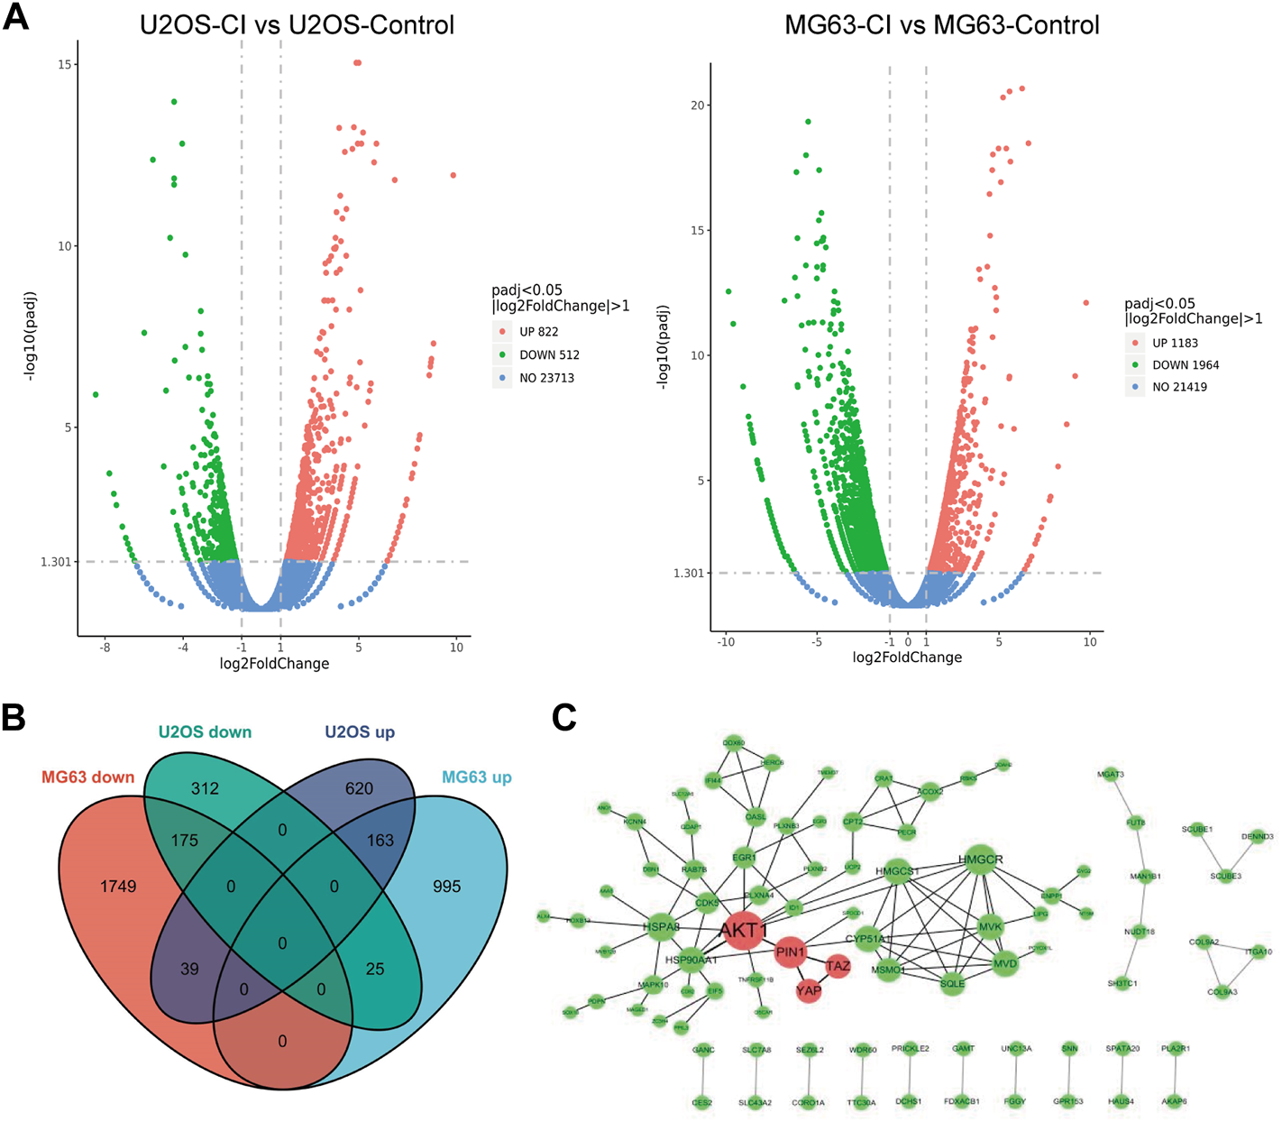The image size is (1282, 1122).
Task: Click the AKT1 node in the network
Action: coord(744,930)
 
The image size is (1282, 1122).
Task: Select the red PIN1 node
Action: coord(790,952)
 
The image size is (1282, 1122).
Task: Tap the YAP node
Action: coord(809,990)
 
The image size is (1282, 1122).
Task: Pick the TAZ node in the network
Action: coord(838,966)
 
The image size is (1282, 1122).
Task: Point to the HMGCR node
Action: coord(980,860)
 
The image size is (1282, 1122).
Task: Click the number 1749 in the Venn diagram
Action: coord(118,887)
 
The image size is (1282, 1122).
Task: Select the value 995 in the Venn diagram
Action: coord(446,887)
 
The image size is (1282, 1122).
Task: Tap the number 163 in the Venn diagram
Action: coord(380,841)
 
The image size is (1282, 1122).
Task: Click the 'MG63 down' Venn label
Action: coord(87,777)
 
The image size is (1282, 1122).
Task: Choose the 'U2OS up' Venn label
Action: coord(360,732)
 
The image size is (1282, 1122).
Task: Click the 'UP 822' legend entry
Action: coord(538,332)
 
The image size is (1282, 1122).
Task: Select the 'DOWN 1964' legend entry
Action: coord(1185,365)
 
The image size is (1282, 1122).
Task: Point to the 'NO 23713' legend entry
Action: coord(546,378)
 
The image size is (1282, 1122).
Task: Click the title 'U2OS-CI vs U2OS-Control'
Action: coord(297,24)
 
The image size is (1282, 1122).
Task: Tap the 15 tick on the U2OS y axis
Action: coord(64,65)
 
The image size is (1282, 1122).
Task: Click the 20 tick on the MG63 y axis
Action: coord(697,106)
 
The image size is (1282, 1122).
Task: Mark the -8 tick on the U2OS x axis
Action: coord(105,647)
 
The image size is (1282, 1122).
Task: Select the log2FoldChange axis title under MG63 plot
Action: coord(907,658)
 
